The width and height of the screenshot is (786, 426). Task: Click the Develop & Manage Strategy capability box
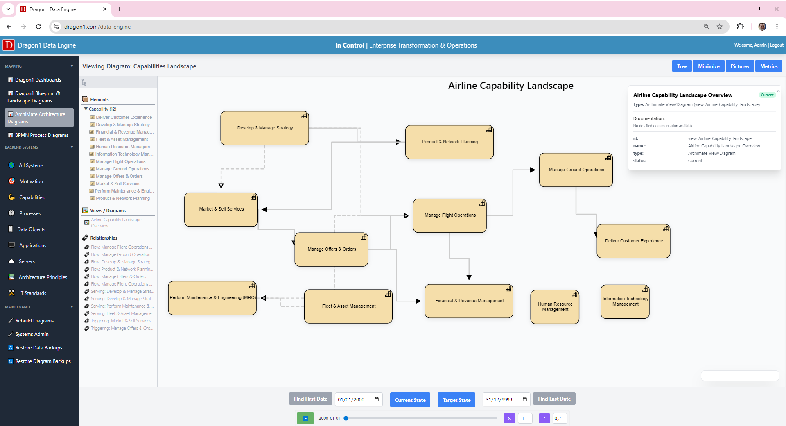pyautogui.click(x=264, y=128)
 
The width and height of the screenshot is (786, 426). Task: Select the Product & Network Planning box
pyautogui.click(x=449, y=142)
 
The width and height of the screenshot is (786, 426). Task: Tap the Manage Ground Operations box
pyautogui.click(x=576, y=170)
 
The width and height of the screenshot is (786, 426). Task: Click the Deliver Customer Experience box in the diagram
pyautogui.click(x=633, y=241)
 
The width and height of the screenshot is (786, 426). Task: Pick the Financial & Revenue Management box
pyautogui.click(x=469, y=301)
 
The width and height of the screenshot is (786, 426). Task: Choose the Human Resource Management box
pyautogui.click(x=555, y=307)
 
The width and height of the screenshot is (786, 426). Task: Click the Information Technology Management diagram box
pyautogui.click(x=625, y=302)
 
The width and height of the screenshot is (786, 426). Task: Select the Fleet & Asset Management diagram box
pyautogui.click(x=348, y=306)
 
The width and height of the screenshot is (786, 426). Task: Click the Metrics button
pyautogui.click(x=768, y=66)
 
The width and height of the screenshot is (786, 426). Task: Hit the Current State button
pyautogui.click(x=410, y=400)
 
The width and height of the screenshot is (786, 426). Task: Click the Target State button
pyautogui.click(x=456, y=400)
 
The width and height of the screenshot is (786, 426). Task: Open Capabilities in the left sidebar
pyautogui.click(x=32, y=197)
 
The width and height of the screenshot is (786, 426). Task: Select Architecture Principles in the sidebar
pyautogui.click(x=43, y=277)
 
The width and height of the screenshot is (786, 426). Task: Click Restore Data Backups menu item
pyautogui.click(x=38, y=348)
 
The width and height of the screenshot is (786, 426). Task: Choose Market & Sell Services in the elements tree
pyautogui.click(x=117, y=184)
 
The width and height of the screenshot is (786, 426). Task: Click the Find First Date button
pyautogui.click(x=310, y=399)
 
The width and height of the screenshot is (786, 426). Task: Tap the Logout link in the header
pyautogui.click(x=777, y=45)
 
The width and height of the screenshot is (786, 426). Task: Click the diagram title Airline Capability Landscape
pyautogui.click(x=510, y=86)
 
